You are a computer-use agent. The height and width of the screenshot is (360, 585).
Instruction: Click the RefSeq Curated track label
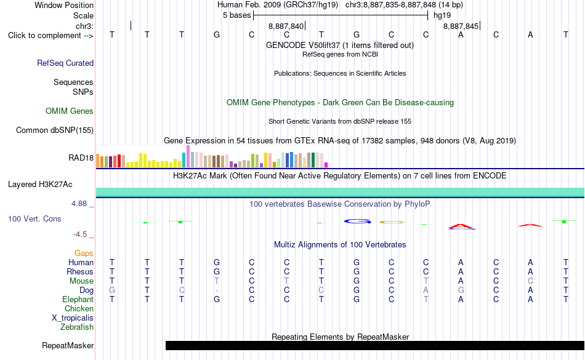(65, 63)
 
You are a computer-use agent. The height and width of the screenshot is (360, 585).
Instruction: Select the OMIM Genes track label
(70, 111)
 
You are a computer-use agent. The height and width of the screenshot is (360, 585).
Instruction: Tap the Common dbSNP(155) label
(55, 130)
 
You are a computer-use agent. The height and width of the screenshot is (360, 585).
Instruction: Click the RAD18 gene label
(81, 158)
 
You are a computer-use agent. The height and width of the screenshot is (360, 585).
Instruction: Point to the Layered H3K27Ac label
(40, 185)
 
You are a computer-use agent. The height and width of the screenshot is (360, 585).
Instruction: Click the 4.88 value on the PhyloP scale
(79, 204)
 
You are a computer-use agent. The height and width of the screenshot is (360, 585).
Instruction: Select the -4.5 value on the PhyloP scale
(80, 234)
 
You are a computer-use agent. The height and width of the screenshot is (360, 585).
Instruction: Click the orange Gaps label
(84, 254)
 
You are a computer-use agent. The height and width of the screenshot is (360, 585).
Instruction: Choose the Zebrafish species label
(77, 327)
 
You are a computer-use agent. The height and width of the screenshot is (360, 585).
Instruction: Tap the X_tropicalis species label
(73, 318)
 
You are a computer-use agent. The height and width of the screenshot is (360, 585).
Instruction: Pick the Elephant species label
(78, 299)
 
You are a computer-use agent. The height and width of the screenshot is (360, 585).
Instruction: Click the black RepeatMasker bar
(375, 345)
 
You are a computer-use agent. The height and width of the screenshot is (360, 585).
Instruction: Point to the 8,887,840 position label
(286, 26)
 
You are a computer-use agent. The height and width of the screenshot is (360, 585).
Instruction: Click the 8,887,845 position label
(461, 26)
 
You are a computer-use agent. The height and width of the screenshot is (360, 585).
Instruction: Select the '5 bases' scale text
(237, 15)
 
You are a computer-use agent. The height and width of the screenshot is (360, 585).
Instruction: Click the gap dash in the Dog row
(217, 290)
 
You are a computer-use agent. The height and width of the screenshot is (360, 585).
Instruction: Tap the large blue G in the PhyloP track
(357, 222)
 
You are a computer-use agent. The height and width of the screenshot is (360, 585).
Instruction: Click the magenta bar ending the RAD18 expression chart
(326, 165)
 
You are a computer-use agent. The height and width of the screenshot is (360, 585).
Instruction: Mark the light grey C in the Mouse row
(530, 281)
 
